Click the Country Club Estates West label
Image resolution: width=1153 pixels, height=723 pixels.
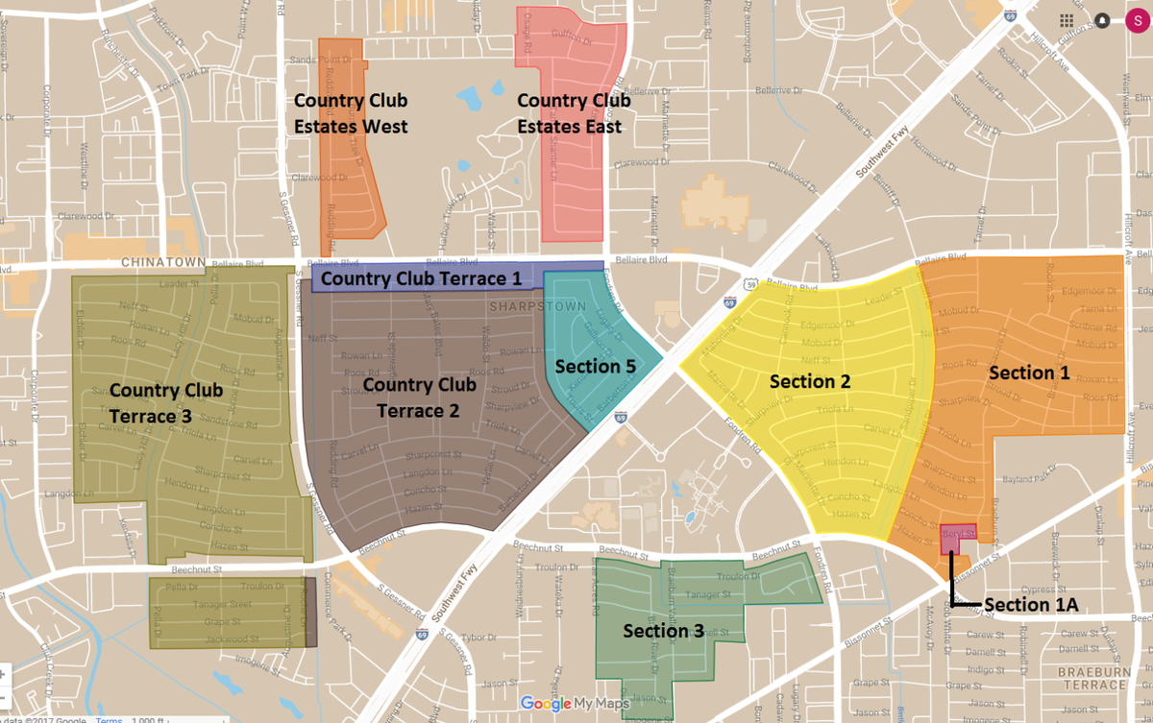pos(351,113)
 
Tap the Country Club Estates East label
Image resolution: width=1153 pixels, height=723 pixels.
pos(574,113)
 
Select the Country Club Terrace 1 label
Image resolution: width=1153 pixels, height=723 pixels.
pos(422,279)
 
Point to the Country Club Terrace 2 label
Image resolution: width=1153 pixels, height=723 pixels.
pos(419,398)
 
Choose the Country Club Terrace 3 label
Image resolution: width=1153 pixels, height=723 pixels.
pos(165,403)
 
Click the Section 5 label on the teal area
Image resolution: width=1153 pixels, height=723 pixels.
pos(595,366)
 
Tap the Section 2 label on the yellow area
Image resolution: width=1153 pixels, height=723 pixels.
pos(810,381)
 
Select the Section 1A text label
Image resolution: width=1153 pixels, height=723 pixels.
pos(1030,604)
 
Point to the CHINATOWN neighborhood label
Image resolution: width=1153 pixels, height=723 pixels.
pos(153,262)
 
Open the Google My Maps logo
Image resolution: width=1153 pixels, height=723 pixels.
pos(575,704)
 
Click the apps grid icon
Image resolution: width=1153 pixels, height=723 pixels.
pos(1067,20)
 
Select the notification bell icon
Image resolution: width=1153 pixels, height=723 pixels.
pos(1101,20)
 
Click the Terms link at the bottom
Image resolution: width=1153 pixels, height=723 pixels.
pos(108,719)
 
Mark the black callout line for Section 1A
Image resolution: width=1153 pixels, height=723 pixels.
pos(952,584)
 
